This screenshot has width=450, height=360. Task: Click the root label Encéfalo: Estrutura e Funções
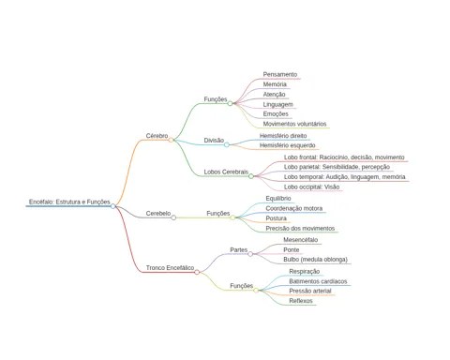(x=69, y=202)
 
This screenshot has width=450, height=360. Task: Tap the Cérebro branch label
(x=157, y=136)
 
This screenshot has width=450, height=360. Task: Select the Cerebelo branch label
(x=158, y=214)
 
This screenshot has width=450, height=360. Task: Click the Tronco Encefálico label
(x=170, y=268)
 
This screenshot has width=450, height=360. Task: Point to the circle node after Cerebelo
(x=173, y=217)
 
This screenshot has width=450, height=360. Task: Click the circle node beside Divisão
(x=227, y=144)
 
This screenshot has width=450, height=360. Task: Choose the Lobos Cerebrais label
(x=226, y=172)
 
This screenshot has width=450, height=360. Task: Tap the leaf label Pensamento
(x=280, y=74)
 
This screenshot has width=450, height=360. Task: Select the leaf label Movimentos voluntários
(x=294, y=124)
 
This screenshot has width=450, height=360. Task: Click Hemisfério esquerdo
(x=288, y=145)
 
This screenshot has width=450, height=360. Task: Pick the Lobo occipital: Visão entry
(x=311, y=187)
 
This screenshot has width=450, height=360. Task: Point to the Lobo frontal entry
(x=344, y=157)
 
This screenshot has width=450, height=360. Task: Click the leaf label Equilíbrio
(x=278, y=199)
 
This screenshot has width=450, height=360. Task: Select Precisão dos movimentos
(x=300, y=229)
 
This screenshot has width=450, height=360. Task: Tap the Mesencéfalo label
(x=301, y=240)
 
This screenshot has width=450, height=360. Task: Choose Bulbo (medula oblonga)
(x=315, y=260)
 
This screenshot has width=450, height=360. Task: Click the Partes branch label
(x=239, y=249)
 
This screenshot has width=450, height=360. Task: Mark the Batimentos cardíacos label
(x=318, y=281)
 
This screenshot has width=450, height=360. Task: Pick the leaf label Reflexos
(x=301, y=301)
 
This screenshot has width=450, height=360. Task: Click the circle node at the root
(x=113, y=206)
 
